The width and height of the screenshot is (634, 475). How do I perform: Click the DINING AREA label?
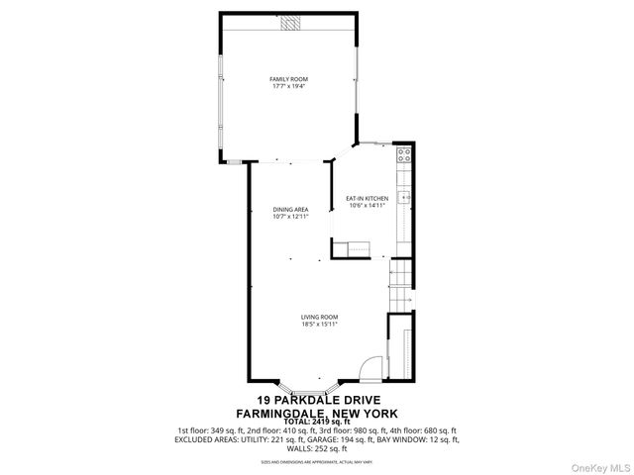click(291, 210)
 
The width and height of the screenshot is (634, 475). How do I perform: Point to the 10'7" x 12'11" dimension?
click(291, 218)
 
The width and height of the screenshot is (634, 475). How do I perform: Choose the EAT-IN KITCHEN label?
click(366, 199)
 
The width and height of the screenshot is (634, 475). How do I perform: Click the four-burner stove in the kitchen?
click(404, 153)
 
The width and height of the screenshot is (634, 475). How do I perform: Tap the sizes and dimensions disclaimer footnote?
click(316, 461)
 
